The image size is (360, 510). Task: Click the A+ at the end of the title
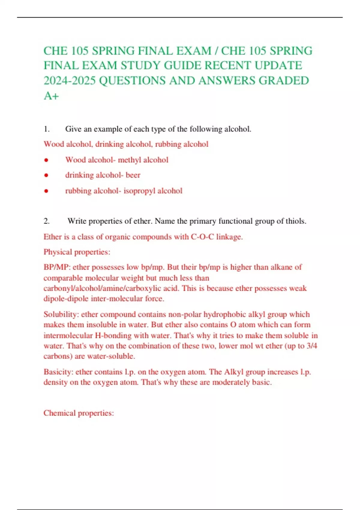click(x=51, y=96)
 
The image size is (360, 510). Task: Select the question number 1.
click(x=46, y=129)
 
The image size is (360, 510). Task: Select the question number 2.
click(x=46, y=221)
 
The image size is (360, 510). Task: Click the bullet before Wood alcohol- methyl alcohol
click(x=46, y=160)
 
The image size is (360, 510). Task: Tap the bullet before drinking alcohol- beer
click(x=46, y=175)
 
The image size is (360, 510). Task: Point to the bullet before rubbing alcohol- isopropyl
click(x=46, y=191)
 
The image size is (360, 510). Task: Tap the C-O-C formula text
click(x=202, y=237)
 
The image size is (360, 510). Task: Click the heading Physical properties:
click(x=77, y=252)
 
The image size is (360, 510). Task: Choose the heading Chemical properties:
click(x=79, y=413)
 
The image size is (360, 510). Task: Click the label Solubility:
click(x=61, y=314)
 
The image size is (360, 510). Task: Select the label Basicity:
click(x=58, y=372)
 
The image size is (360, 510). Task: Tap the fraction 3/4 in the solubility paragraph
click(x=312, y=346)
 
